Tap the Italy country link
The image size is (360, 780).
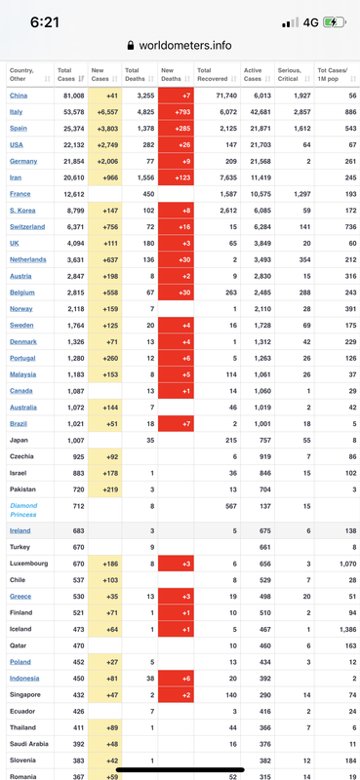16,112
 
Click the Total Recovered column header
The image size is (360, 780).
213,75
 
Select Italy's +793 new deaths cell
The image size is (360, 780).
176,112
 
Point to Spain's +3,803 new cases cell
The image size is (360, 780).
104,129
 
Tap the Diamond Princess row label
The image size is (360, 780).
23,510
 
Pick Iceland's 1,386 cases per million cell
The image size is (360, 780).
346,629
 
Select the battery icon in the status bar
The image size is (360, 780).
335,22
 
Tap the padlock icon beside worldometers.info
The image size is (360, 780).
131,46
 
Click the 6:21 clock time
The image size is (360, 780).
44,22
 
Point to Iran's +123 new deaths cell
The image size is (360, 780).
176,177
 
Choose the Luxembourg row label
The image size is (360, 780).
29,564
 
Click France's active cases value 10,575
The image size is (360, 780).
261,194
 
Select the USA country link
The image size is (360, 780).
17,144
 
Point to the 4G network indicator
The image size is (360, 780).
310,22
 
